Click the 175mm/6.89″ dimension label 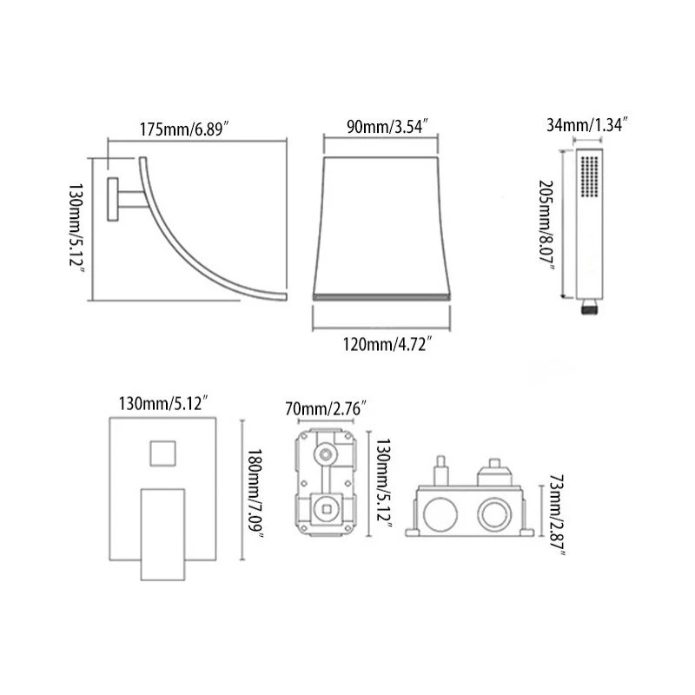pyautogui.click(x=184, y=129)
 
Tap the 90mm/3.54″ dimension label pyautogui.click(x=387, y=126)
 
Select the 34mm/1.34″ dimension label pyautogui.click(x=587, y=124)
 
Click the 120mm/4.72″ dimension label pyautogui.click(x=387, y=344)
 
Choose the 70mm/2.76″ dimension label pyautogui.click(x=326, y=408)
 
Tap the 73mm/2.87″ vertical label pyautogui.click(x=557, y=514)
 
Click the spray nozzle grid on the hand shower pyautogui.click(x=589, y=176)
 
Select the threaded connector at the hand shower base pyautogui.click(x=590, y=307)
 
